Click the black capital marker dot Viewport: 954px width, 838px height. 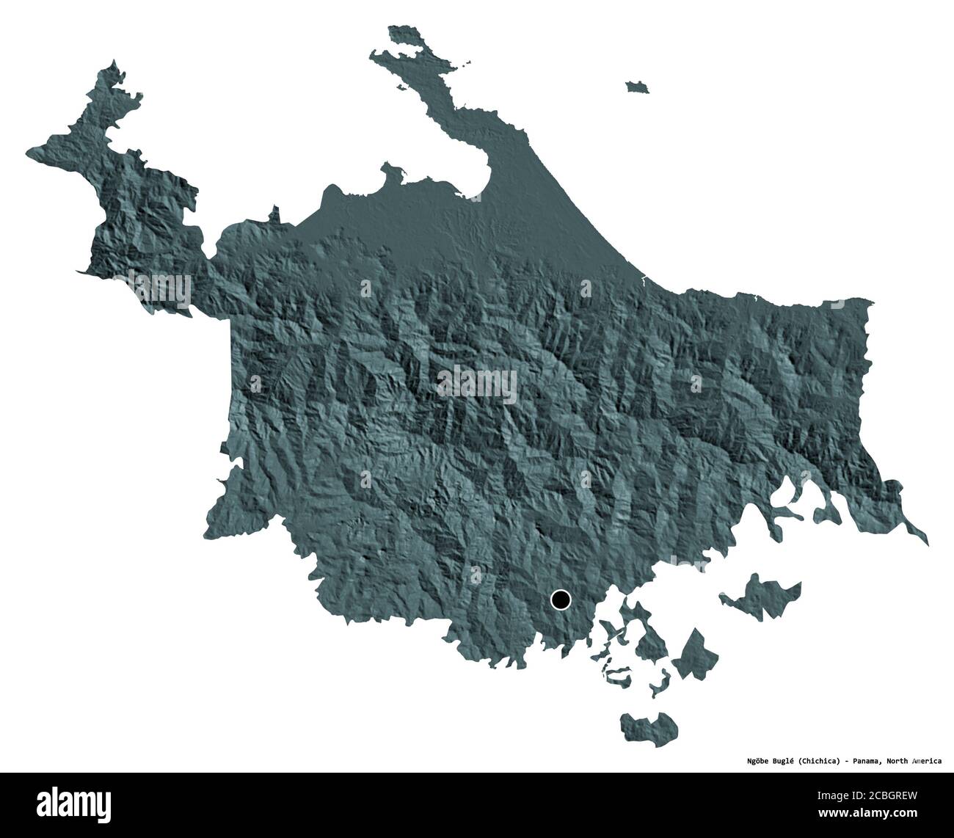[561, 600]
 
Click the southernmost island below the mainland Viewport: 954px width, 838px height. [649, 727]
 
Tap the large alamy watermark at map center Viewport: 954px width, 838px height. [477, 383]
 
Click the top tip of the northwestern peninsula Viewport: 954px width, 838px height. [112, 67]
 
